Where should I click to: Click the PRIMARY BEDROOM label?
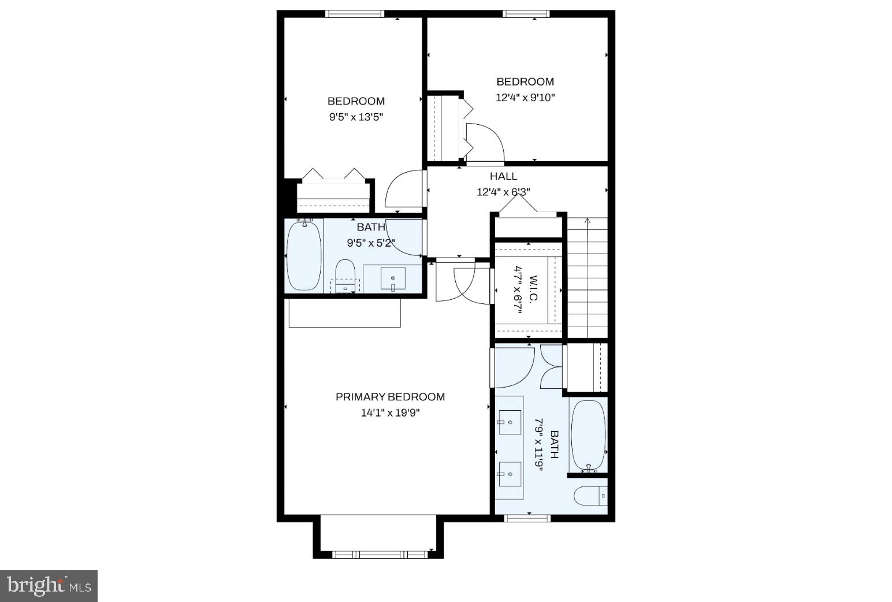click(x=390, y=397)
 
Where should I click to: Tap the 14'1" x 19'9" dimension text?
click(x=390, y=413)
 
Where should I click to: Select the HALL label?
click(x=503, y=176)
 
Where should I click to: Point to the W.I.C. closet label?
click(x=533, y=288)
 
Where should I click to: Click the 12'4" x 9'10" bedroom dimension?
click(x=525, y=98)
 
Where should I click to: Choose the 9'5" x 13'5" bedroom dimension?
click(x=356, y=117)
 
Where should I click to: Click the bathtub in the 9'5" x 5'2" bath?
click(x=304, y=255)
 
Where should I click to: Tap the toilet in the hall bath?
click(x=345, y=275)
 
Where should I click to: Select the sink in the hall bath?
click(x=393, y=279)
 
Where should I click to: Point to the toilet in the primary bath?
click(x=590, y=496)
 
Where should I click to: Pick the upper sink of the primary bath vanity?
click(x=510, y=422)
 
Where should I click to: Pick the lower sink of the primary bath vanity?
click(x=510, y=474)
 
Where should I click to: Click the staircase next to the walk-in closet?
click(x=588, y=277)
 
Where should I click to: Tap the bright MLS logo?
click(x=49, y=586)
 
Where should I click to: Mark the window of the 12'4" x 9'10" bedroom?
click(x=525, y=14)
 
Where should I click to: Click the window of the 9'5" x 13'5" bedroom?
click(x=354, y=14)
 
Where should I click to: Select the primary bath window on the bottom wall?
click(x=527, y=518)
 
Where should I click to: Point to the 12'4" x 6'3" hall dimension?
click(x=503, y=192)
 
